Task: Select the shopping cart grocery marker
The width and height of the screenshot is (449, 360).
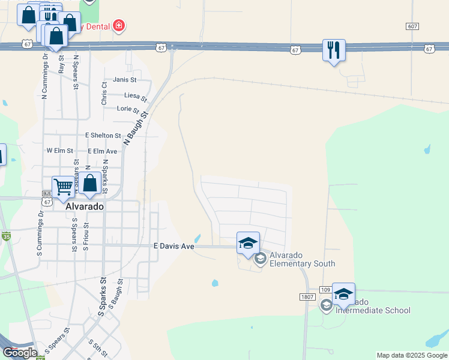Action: [x=63, y=187]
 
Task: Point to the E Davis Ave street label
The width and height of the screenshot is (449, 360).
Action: [x=174, y=246]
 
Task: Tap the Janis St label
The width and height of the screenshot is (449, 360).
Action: [x=125, y=79]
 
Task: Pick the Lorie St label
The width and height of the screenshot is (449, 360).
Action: [x=128, y=109]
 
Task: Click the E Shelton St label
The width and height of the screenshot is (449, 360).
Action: [x=103, y=136]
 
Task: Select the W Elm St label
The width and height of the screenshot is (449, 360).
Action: [x=59, y=151]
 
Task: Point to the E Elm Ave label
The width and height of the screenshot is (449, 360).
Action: [x=102, y=152]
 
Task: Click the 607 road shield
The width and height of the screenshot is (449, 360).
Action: [x=412, y=26]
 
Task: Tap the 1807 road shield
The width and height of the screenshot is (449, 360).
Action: [x=307, y=297]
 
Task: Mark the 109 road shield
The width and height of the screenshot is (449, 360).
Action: [x=325, y=289]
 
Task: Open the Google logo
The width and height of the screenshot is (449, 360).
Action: [x=20, y=353]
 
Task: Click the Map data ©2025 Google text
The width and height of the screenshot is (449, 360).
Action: [x=412, y=355]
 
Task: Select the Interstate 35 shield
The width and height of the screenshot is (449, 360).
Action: [x=6, y=236]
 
